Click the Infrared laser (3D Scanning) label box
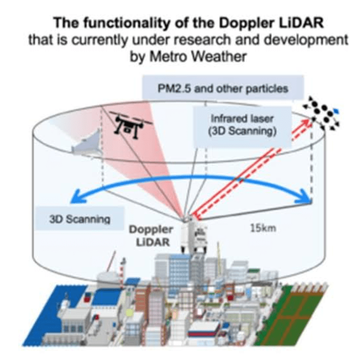click(x=242, y=126)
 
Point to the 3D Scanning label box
click(x=80, y=219)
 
